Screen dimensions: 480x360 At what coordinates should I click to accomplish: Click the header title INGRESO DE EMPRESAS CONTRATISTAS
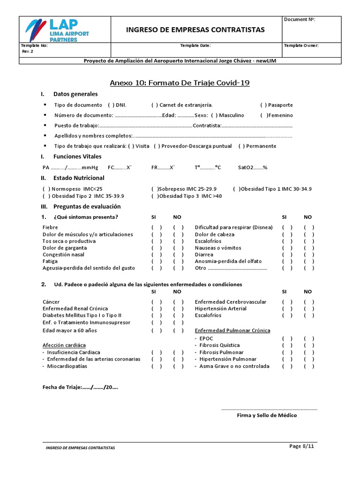point(195,30)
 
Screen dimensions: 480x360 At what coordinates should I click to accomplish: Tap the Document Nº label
point(300,19)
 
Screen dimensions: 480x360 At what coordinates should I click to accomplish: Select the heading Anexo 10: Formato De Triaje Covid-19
point(180,83)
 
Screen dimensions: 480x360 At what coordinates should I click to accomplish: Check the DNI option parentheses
point(111,105)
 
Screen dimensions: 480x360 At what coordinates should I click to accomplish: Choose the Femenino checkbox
point(265,115)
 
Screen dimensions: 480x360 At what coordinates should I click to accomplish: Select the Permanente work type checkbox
point(241,146)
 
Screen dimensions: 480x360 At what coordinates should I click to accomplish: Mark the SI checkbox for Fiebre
point(157,227)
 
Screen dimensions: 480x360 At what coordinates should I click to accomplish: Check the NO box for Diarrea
point(309,255)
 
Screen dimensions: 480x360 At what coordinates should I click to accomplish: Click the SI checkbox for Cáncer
point(157,302)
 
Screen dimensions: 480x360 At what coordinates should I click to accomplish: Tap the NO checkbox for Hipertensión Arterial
point(309,309)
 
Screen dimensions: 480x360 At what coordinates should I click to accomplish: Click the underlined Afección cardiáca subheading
point(64,345)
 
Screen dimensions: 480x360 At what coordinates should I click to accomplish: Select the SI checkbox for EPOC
point(287,338)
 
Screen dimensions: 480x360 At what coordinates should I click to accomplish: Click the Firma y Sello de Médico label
point(267,415)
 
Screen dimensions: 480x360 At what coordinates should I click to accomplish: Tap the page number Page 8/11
point(301,446)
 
